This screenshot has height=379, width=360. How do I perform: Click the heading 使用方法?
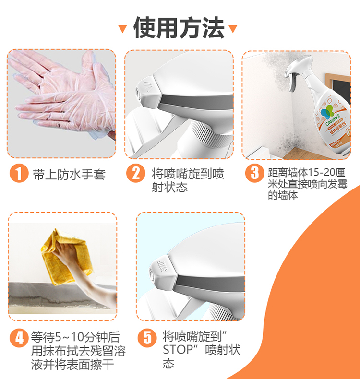click(x=179, y=28)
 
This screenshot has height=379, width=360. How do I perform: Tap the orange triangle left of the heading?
click(x=122, y=28)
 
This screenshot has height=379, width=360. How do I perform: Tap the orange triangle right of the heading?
click(x=233, y=28)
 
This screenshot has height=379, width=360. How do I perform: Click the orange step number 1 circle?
click(x=19, y=173)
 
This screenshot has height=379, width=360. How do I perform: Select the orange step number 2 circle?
click(x=136, y=173)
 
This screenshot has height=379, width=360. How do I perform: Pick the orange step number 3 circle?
click(x=254, y=173)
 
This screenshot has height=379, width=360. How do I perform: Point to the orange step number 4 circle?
click(x=19, y=338)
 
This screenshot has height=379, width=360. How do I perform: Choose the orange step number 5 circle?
click(x=147, y=338)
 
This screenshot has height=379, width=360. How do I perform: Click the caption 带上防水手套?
click(x=69, y=174)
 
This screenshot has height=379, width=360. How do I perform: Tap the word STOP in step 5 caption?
click(x=178, y=350)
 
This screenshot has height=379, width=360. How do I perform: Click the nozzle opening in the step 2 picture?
click(x=138, y=92)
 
